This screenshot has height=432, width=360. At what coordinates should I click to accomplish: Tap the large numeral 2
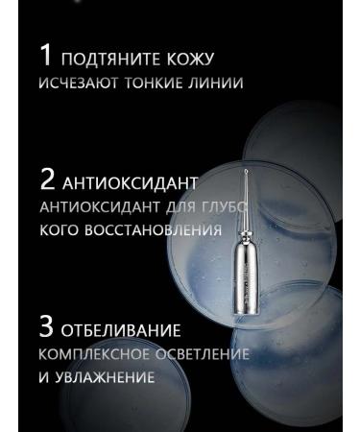(48, 180)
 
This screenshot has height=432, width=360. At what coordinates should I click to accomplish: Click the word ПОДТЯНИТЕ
(108, 60)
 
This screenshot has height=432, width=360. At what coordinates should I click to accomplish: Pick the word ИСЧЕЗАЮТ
(79, 83)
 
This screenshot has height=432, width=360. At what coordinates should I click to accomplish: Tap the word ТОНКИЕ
(157, 83)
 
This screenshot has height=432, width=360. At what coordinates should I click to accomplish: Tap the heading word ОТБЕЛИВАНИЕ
(122, 331)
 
